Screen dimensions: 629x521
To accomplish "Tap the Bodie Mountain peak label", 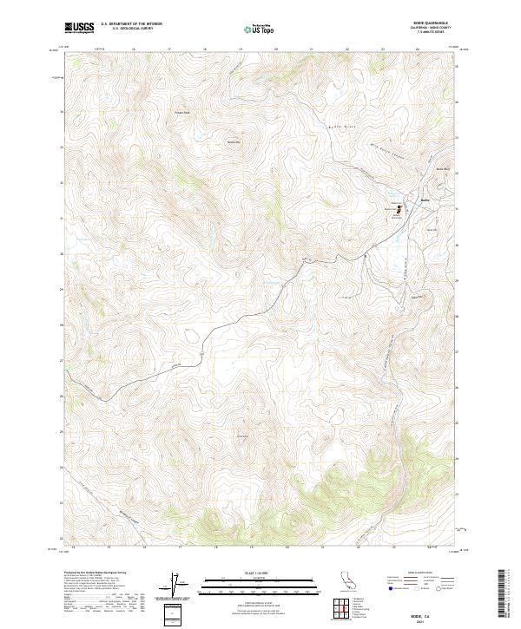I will (x=233, y=141).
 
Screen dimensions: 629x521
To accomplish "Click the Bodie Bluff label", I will (x=443, y=167).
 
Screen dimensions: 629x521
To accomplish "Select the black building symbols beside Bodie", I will (x=399, y=208).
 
